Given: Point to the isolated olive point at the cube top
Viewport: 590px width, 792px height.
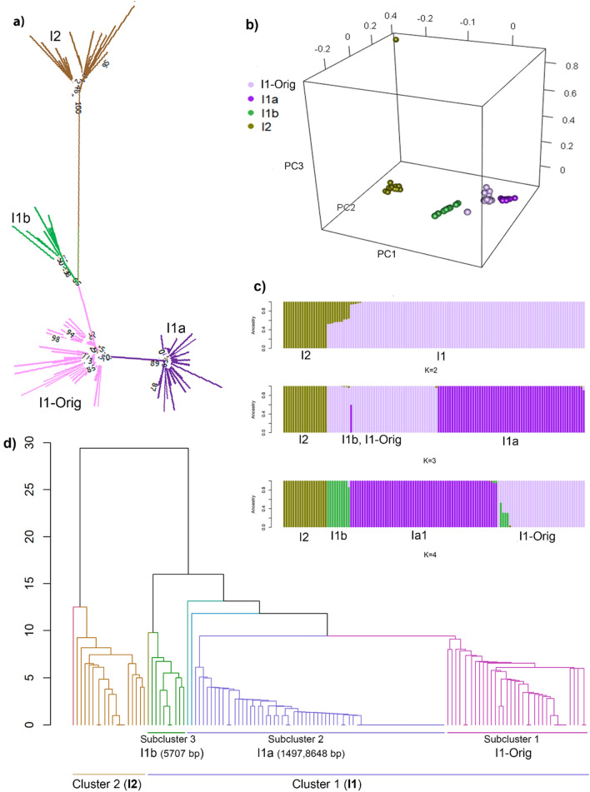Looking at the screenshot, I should click(x=396, y=38).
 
